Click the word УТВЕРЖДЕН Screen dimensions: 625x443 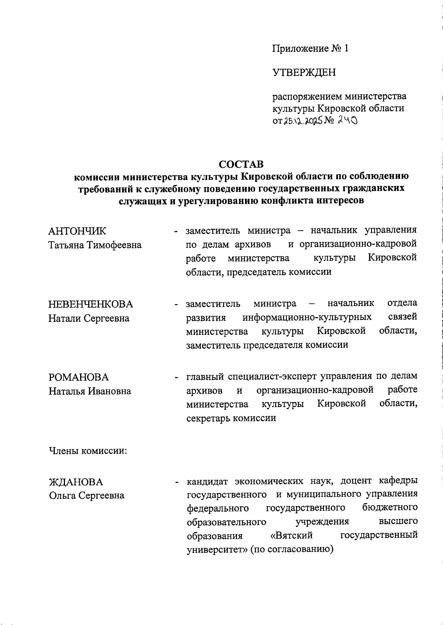(x=304, y=72)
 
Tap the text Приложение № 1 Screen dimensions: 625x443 (x=310, y=49)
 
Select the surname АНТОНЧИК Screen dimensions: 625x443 (x=77, y=231)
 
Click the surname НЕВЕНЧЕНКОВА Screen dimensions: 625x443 (x=90, y=304)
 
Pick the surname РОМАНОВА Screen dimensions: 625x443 (x=79, y=377)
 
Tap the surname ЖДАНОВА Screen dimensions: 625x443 (x=76, y=482)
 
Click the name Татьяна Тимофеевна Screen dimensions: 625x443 (x=95, y=245)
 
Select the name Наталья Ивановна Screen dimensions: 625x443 (x=90, y=391)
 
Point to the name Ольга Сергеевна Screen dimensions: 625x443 (x=87, y=496)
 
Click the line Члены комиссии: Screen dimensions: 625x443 (x=88, y=451)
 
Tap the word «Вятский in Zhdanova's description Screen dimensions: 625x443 (x=292, y=535)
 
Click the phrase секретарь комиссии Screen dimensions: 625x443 (x=231, y=418)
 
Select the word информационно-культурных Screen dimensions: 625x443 (x=307, y=317)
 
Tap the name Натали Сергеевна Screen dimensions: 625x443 (x=89, y=318)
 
